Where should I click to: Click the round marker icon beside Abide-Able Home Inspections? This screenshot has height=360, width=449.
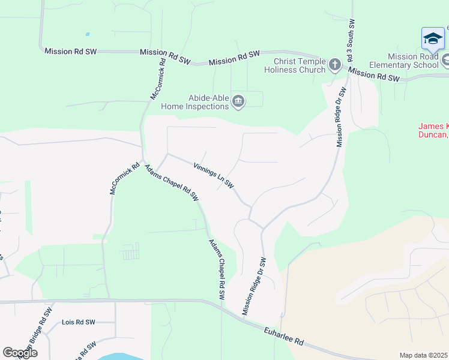click(238, 102)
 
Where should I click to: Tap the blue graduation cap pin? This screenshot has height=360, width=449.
click(433, 39)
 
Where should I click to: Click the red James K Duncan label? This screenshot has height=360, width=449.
click(433, 130)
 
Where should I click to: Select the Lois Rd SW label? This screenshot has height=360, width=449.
click(79, 322)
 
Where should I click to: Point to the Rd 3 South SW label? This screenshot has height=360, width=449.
click(351, 42)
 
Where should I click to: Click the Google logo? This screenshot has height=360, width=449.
click(20, 353)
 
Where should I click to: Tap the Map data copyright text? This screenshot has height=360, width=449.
click(424, 355)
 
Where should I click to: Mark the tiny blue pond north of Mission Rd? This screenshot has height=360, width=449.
click(88, 34)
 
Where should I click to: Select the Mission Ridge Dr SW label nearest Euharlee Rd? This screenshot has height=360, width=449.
click(254, 286)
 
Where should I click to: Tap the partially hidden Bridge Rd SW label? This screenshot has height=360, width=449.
click(36, 334)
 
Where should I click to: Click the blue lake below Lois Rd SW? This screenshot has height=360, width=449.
click(120, 356)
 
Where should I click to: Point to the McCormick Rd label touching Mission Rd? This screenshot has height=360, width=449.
click(158, 79)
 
